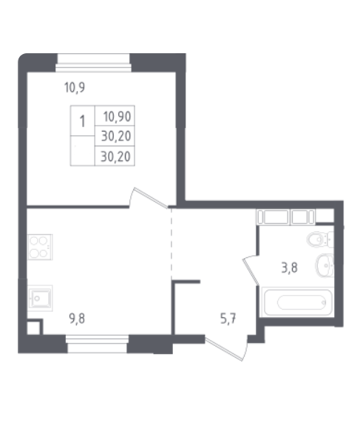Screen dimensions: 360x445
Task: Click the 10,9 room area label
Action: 75,87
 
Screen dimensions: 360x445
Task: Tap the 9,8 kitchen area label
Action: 77,319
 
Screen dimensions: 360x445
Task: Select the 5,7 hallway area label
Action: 228,319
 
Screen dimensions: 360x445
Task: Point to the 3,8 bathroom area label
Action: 290,268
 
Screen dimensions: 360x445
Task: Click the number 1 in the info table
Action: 82,122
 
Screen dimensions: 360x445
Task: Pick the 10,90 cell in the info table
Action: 117,117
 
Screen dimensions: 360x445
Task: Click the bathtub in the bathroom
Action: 297,302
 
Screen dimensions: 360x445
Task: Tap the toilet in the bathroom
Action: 320,239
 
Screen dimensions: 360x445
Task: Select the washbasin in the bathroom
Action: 325,266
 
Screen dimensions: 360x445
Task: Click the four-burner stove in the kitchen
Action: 40,247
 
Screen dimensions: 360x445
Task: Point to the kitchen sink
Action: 40,298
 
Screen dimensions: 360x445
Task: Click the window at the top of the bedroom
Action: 93,63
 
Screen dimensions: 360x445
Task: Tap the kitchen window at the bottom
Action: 98,344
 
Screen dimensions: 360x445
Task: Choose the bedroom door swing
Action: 149,198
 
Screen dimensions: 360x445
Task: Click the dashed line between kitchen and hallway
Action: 171,245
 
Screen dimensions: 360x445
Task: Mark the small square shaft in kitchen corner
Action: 35,327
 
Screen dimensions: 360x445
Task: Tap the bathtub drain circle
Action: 324,302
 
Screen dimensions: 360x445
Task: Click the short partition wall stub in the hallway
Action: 186,282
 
